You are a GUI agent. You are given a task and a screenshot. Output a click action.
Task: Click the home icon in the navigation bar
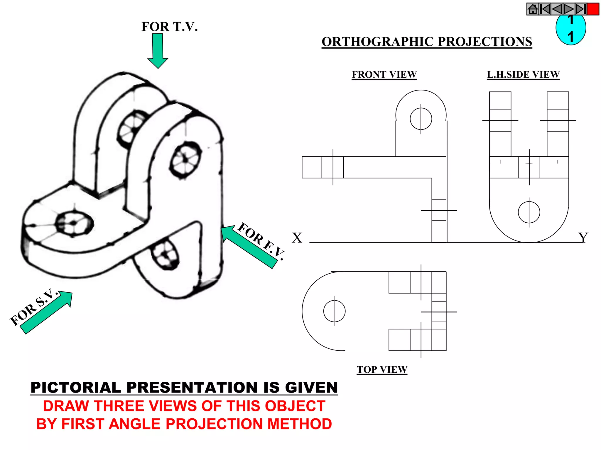(533, 9)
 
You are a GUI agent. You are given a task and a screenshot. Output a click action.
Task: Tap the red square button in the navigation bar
(593, 9)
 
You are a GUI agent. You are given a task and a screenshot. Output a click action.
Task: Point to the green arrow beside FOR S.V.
(47, 312)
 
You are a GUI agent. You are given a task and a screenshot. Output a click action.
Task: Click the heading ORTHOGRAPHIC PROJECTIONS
(427, 42)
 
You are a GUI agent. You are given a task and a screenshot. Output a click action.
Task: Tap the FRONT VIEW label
(384, 74)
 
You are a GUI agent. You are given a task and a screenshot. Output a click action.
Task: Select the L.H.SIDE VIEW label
(523, 74)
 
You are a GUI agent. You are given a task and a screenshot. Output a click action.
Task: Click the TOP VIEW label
(382, 369)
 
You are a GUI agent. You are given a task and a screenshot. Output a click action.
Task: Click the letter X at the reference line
(297, 238)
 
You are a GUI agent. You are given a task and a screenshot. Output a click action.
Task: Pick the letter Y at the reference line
(583, 238)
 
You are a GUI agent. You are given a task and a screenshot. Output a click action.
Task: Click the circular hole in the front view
(421, 119)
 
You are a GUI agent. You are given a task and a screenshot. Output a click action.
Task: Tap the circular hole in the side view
(529, 212)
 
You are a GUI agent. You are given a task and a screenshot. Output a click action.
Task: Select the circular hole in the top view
(334, 311)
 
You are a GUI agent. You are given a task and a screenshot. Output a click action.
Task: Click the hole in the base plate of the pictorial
(74, 224)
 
